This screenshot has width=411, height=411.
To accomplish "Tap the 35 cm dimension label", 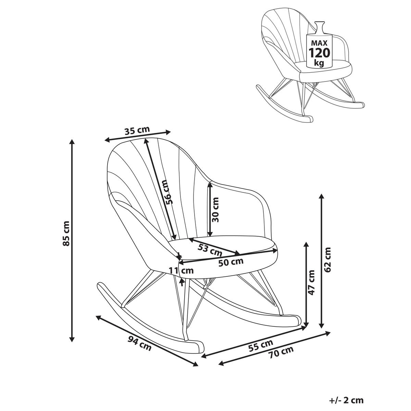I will pos(137,130).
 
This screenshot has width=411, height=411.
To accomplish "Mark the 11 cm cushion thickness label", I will pos(182,271).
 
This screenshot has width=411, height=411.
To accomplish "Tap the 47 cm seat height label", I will pos(311,283).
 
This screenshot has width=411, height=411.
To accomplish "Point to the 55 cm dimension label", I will pos(261,346).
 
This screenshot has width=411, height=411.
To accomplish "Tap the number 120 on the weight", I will pos(319,53).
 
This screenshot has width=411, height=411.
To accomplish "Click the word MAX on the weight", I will pos(319,43).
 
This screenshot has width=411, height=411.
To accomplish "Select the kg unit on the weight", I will pos(319,63).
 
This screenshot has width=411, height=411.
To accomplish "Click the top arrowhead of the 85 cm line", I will pos(72,141).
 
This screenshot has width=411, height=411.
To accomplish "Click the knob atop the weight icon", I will pos(320,25).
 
